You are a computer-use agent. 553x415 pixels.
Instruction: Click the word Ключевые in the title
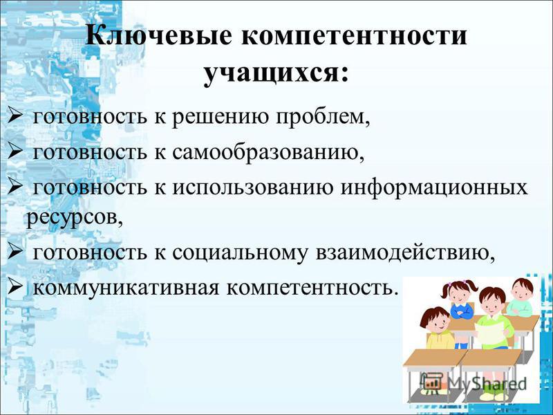(158, 36)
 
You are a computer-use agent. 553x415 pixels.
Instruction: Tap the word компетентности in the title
(354, 36)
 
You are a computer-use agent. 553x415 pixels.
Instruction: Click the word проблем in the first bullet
(323, 117)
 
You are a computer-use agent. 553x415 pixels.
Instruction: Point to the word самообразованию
(268, 151)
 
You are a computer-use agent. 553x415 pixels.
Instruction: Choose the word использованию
(252, 187)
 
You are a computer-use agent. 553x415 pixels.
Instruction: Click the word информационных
(434, 188)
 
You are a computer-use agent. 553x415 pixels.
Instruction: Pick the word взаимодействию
(405, 253)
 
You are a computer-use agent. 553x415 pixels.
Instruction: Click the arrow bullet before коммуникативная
(15, 287)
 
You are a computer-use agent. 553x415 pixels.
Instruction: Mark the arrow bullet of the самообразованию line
(15, 151)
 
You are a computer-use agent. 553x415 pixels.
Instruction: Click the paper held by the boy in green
(490, 333)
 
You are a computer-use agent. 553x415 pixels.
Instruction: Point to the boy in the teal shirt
(521, 297)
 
